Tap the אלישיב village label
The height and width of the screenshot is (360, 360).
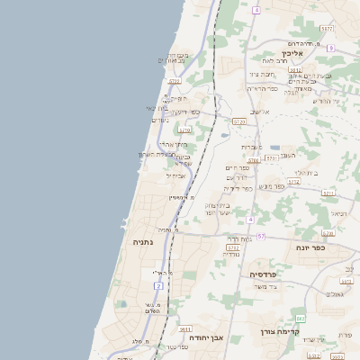pyautogui.click(x=260, y=112)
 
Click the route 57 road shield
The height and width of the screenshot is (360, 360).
pyautogui.click(x=261, y=236)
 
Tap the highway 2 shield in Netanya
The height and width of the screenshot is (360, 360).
pyautogui.click(x=158, y=285)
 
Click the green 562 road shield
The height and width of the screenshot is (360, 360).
pyautogui.click(x=301, y=319)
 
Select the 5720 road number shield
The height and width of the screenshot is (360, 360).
pyautogui.click(x=239, y=121)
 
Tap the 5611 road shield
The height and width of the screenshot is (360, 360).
pyautogui.click(x=185, y=329)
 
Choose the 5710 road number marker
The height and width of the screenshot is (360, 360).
pyautogui.click(x=184, y=130)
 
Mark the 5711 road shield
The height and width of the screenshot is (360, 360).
pyautogui.click(x=328, y=193)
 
